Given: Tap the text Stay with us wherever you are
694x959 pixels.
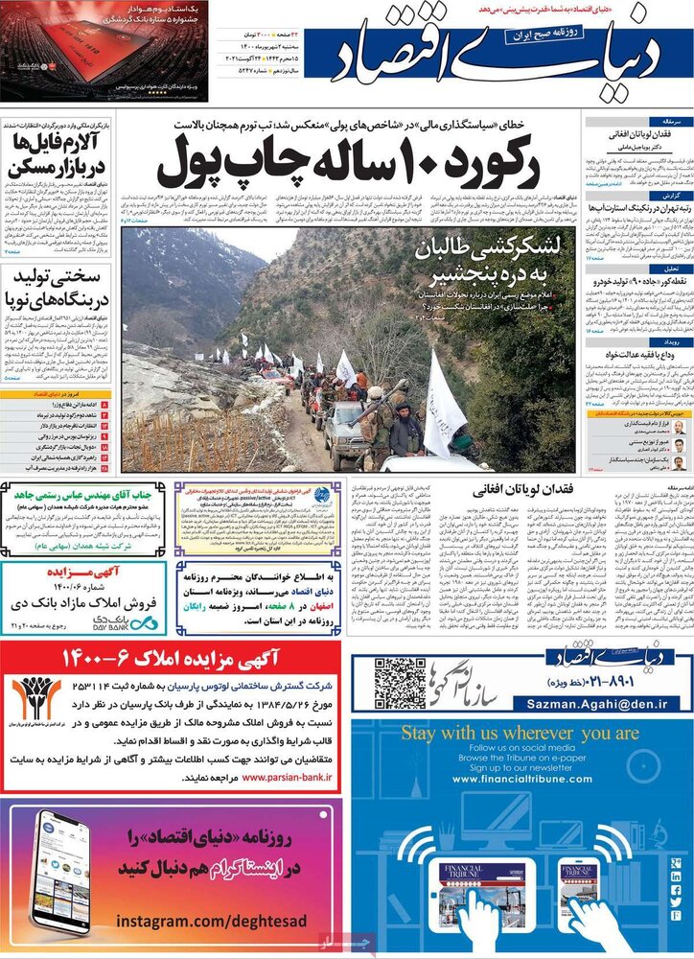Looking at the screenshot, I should pyautogui.click(x=520, y=734).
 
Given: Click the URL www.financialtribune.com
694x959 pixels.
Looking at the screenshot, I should pyautogui.click(x=520, y=779).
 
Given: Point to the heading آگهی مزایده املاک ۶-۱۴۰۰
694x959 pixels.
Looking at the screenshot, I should pyautogui.click(x=200, y=659).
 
